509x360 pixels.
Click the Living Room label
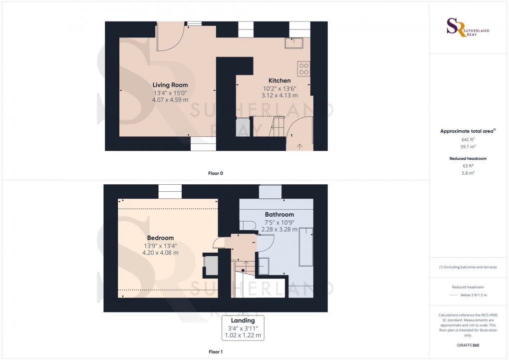pyautogui.click(x=170, y=85)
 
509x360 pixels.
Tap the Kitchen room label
pyautogui.click(x=279, y=80)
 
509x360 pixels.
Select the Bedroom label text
pyautogui.click(x=160, y=238)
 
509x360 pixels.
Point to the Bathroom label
pyautogui.click(x=279, y=214)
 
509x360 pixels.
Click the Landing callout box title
pyautogui.click(x=243, y=321)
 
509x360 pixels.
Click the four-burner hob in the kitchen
pyautogui.click(x=303, y=69)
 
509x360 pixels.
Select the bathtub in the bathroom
pyautogui.click(x=305, y=248)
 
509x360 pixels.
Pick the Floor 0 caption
pyautogui.click(x=216, y=173)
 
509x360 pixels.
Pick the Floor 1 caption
pyautogui.click(x=216, y=352)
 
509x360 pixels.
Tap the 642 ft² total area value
pyautogui.click(x=468, y=140)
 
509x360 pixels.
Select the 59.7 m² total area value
pyautogui.click(x=468, y=147)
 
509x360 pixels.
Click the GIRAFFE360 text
pyautogui.click(x=468, y=345)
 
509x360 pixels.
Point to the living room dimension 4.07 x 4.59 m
pyautogui.click(x=170, y=99)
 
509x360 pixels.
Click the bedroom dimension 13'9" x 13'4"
pyautogui.click(x=160, y=246)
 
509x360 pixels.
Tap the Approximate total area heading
pyautogui.click(x=467, y=131)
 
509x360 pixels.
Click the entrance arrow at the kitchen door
pyautogui.click(x=299, y=146)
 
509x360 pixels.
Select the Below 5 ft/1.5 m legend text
pyautogui.click(x=473, y=295)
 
